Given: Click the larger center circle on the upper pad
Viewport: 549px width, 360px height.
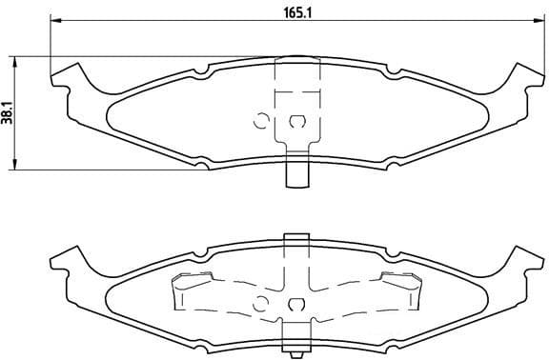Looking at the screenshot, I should [296, 121].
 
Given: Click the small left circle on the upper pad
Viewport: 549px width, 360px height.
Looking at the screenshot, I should [259, 120].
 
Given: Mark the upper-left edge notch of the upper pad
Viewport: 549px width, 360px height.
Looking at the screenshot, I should [203, 70].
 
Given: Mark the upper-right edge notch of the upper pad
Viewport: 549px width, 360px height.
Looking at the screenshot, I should [390, 70].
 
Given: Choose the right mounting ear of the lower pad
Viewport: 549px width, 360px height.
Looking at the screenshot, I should [522, 260].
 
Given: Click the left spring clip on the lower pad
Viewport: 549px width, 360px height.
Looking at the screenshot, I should [191, 289].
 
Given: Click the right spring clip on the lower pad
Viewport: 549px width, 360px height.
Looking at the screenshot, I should [401, 289].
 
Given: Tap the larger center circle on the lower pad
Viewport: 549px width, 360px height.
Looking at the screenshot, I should [296, 305].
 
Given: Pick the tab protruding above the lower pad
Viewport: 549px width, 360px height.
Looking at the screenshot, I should [296, 238].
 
